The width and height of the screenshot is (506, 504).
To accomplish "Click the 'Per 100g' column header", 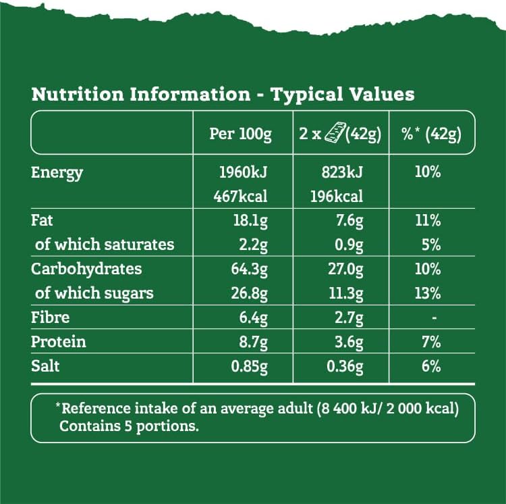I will (x=240, y=134).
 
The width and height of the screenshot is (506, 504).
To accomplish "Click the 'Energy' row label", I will (x=57, y=172).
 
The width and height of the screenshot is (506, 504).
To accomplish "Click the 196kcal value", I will (x=337, y=197).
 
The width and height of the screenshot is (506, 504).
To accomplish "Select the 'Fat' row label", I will (x=43, y=220).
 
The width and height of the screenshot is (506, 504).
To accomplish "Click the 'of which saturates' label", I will (x=105, y=244).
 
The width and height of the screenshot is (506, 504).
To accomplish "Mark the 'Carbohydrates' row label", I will (x=86, y=269).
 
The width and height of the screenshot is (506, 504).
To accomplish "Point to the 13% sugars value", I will (x=428, y=293).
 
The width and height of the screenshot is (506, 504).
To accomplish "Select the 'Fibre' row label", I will (x=51, y=318).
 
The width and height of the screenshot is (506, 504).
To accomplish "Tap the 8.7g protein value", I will (x=253, y=342).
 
